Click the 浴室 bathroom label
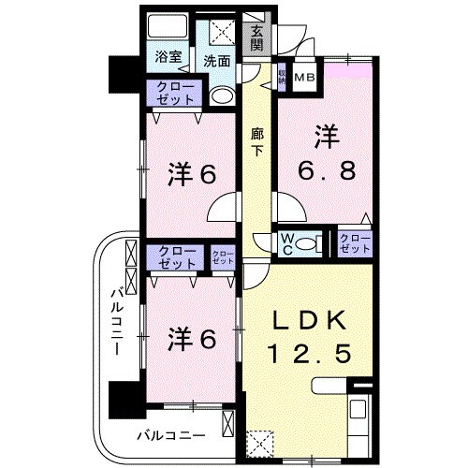tap(168, 56)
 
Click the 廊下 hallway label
tap(257, 142)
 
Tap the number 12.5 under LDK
tap(314, 355)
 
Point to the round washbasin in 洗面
tap(221, 95)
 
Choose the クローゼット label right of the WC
tap(354, 243)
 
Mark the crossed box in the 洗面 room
tap(223, 31)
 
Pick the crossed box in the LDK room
tap(259, 440)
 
